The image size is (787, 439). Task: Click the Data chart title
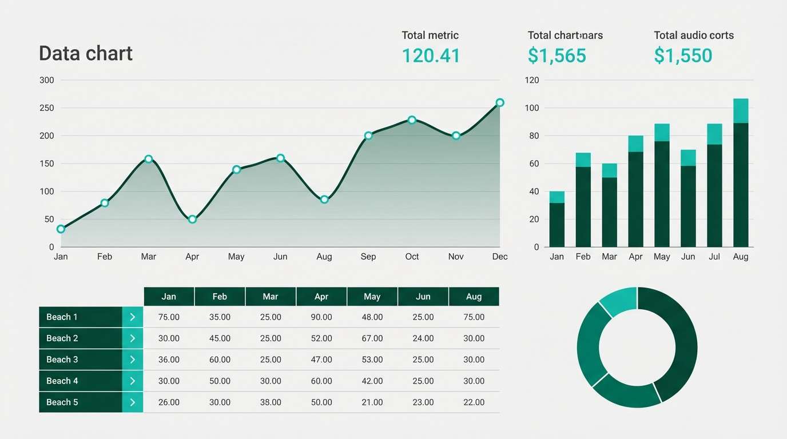(x=86, y=53)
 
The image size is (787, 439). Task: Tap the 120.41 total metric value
(x=431, y=55)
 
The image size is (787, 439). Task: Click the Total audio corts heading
(x=693, y=35)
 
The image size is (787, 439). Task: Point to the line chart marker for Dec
(x=500, y=103)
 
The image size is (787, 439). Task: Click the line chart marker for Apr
(x=192, y=219)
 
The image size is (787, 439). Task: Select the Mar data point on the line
(x=149, y=159)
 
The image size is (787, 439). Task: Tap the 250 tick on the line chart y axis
(x=47, y=108)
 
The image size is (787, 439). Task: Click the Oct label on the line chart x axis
(x=412, y=257)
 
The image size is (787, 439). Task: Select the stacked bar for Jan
(x=557, y=219)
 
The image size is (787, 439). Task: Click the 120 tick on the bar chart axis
(x=532, y=80)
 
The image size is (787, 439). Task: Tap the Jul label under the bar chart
(x=714, y=257)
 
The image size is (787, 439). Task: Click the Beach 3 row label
(x=62, y=360)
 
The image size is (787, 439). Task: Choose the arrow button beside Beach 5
(x=133, y=402)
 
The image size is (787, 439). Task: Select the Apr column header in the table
(x=321, y=297)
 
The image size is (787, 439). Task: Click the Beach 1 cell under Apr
(x=321, y=317)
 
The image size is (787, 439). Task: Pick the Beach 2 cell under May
(x=372, y=338)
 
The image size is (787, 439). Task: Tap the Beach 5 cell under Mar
(x=271, y=402)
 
